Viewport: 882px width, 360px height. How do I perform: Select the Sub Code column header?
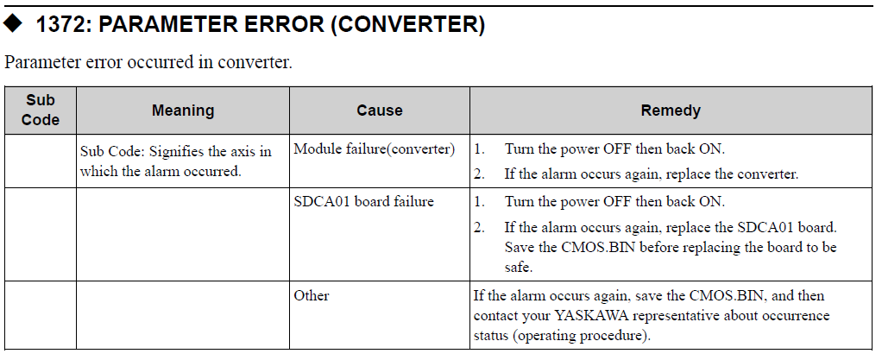coord(41,110)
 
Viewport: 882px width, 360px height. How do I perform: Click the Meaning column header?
coord(183,111)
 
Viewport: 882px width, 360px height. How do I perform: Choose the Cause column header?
coord(380,111)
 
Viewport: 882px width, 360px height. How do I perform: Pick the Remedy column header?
coord(671,111)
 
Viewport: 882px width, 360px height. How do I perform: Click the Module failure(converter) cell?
coord(374,149)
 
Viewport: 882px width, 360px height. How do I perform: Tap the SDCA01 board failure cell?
coord(363,201)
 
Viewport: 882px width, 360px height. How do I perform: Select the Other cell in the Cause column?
coord(311,295)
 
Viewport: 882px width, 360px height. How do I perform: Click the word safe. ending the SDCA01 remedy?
coord(518,267)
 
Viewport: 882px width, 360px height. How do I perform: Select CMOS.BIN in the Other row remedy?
coord(725,295)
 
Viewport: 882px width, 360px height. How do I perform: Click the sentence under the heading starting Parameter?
coord(148,61)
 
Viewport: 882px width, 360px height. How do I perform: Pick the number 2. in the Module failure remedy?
coord(479,174)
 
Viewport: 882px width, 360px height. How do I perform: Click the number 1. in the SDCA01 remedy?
coord(479,201)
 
